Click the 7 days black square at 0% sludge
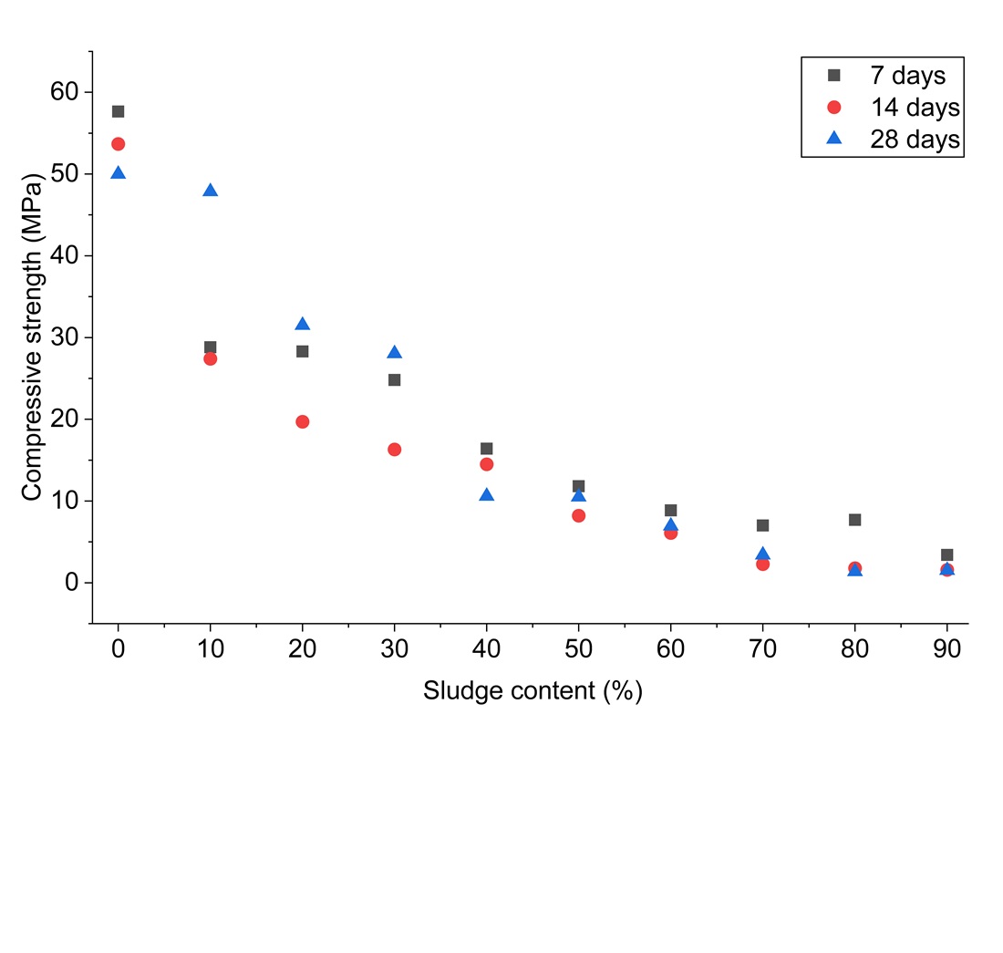tap(118, 111)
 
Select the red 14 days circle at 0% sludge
tap(118, 144)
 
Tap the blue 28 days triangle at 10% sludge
tap(210, 191)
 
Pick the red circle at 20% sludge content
tap(302, 421)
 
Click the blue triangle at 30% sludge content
tap(394, 353)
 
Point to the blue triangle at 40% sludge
tap(486, 495)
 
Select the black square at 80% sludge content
tap(854, 520)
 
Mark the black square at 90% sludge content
tap(946, 554)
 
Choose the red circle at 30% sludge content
tap(394, 450)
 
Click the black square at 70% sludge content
tap(762, 525)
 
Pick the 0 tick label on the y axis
tap(72, 583)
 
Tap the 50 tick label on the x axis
tap(578, 650)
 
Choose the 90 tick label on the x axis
tap(946, 650)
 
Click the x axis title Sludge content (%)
tap(533, 691)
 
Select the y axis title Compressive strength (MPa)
tap(33, 337)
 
